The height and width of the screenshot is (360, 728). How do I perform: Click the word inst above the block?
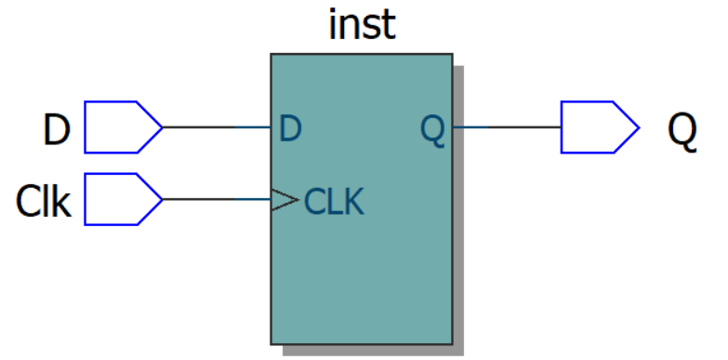pos(362,25)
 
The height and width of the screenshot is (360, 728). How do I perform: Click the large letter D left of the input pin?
pos(57,130)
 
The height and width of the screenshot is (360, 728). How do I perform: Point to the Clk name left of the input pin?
pos(44,201)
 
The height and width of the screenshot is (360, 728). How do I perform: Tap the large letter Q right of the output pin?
pos(682,130)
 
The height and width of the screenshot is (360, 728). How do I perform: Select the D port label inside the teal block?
pos(290,128)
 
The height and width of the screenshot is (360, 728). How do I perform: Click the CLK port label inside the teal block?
pos(335,201)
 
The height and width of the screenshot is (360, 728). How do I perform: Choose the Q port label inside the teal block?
pos(432,129)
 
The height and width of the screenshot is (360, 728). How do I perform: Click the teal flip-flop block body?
pos(362,270)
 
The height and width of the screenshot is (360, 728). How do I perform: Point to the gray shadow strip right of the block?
pos(457,214)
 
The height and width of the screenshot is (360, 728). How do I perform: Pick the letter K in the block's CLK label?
pos(353,201)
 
